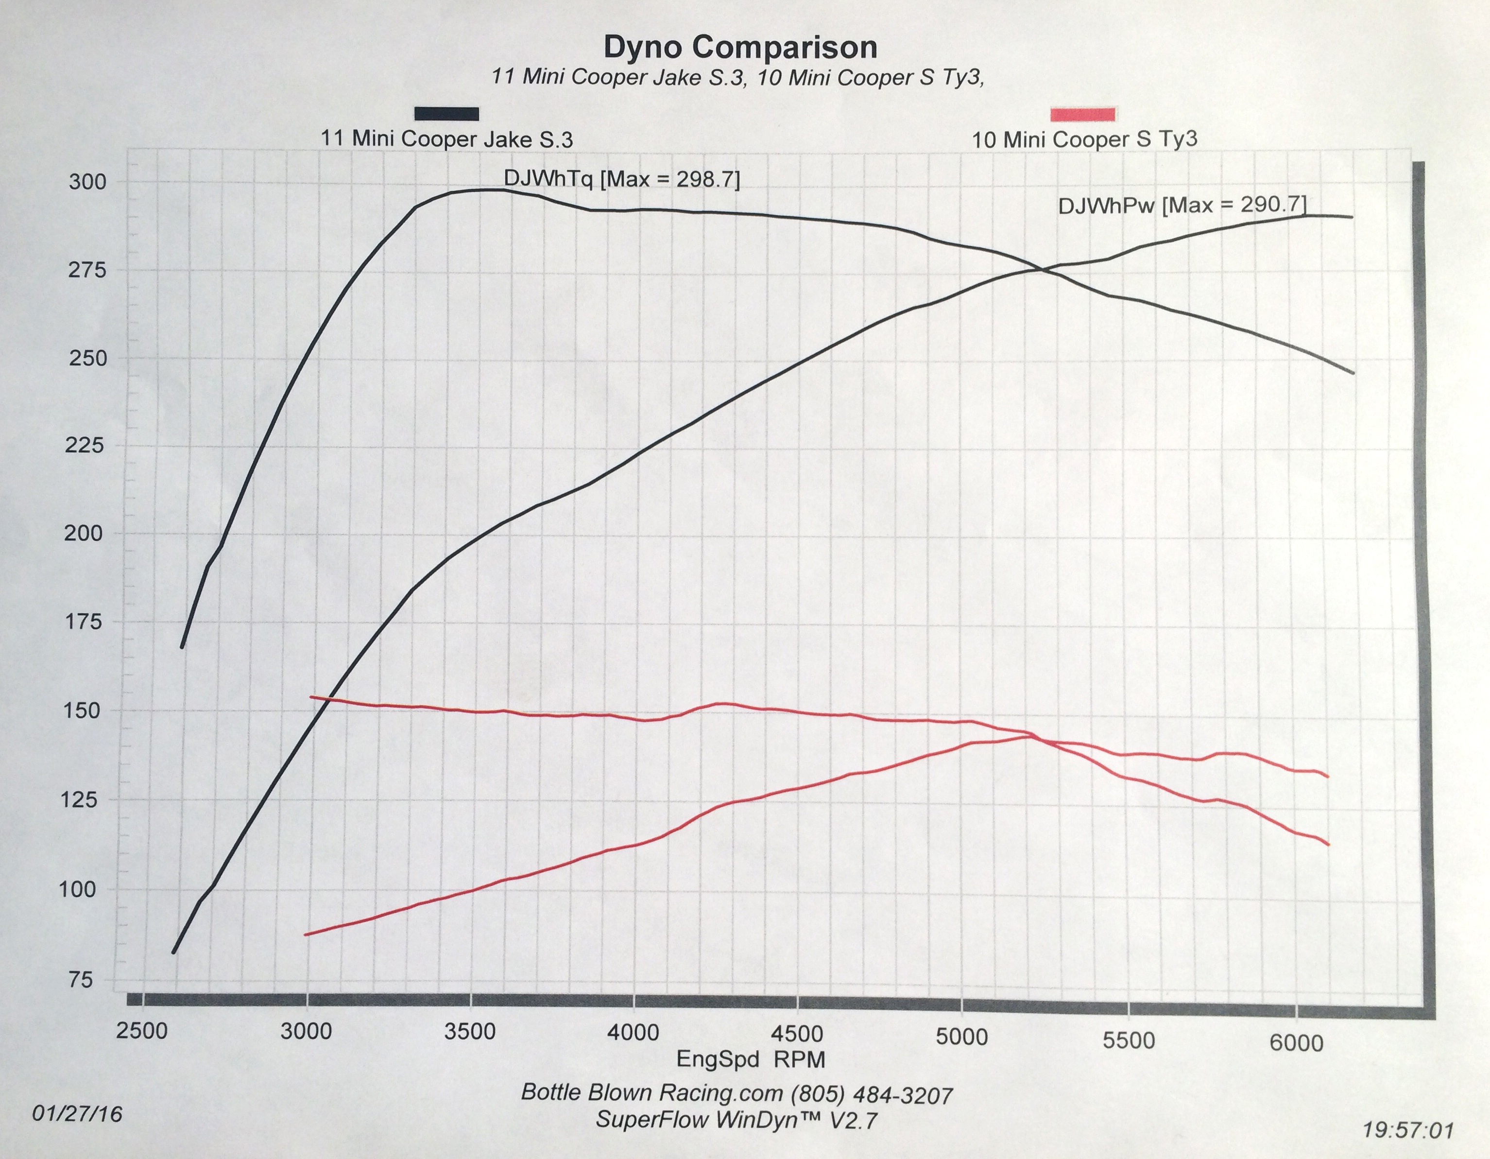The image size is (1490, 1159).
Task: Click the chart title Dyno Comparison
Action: pyautogui.click(x=740, y=47)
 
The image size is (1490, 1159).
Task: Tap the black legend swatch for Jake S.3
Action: pyautogui.click(x=447, y=113)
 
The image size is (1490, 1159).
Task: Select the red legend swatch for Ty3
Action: pyautogui.click(x=1083, y=114)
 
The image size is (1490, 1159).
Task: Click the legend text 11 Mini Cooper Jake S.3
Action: pyautogui.click(x=447, y=139)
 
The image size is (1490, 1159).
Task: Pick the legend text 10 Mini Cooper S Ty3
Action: pyautogui.click(x=1084, y=140)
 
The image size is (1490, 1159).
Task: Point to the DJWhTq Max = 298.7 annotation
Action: pyautogui.click(x=621, y=179)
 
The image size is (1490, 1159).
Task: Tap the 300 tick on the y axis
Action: pyautogui.click(x=88, y=182)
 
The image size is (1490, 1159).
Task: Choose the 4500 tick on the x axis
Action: pyautogui.click(x=797, y=1034)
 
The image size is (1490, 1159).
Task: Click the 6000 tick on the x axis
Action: pyautogui.click(x=1296, y=1043)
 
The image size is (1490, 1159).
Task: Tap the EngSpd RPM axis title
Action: pyautogui.click(x=751, y=1059)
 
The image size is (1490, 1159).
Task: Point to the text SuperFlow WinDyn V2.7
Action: pyautogui.click(x=737, y=1120)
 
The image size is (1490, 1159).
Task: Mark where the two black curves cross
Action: pyautogui.click(x=1044, y=270)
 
